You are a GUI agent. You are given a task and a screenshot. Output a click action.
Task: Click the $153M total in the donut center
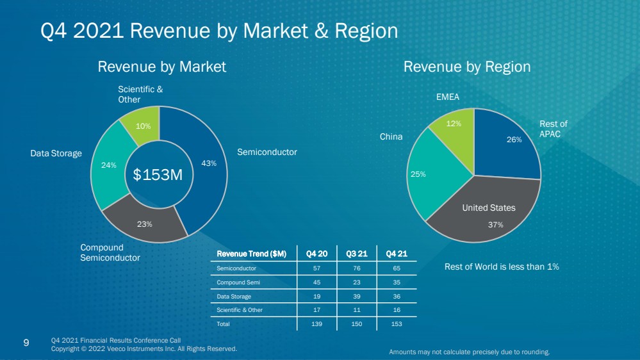tap(158, 175)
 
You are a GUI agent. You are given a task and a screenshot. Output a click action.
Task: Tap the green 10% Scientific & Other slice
tap(142, 124)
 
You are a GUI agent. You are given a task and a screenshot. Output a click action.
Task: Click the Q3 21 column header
tap(357, 254)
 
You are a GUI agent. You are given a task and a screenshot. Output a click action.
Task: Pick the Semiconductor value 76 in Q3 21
tap(357, 268)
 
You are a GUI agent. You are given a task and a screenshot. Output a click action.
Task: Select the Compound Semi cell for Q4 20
tap(316, 282)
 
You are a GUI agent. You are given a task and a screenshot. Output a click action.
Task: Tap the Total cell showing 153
tap(397, 323)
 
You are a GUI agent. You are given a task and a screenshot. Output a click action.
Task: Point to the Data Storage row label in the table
tap(234, 297)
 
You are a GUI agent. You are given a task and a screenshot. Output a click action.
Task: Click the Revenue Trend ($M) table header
tap(251, 254)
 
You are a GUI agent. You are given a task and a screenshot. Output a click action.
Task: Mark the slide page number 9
tap(26, 343)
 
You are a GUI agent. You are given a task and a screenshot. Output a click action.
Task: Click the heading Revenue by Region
tap(467, 67)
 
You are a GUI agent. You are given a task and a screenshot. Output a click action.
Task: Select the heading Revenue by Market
tap(161, 67)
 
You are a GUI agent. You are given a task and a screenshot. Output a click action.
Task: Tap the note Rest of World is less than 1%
tap(502, 266)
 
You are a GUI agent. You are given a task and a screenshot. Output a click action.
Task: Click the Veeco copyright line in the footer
tap(144, 348)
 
